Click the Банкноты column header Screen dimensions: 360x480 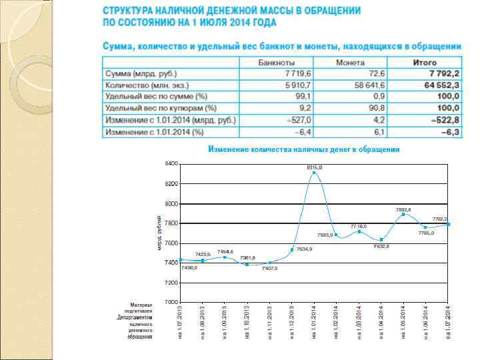click(x=277, y=62)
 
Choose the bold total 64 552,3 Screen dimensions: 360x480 click(x=440, y=85)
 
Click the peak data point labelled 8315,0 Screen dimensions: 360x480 click(x=315, y=173)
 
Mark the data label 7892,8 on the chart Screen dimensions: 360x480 click(x=403, y=209)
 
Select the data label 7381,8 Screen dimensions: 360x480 click(x=247, y=257)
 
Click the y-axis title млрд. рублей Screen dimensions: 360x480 click(x=159, y=233)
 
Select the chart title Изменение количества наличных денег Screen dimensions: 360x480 click(x=304, y=149)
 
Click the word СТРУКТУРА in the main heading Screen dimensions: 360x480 click(x=131, y=11)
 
